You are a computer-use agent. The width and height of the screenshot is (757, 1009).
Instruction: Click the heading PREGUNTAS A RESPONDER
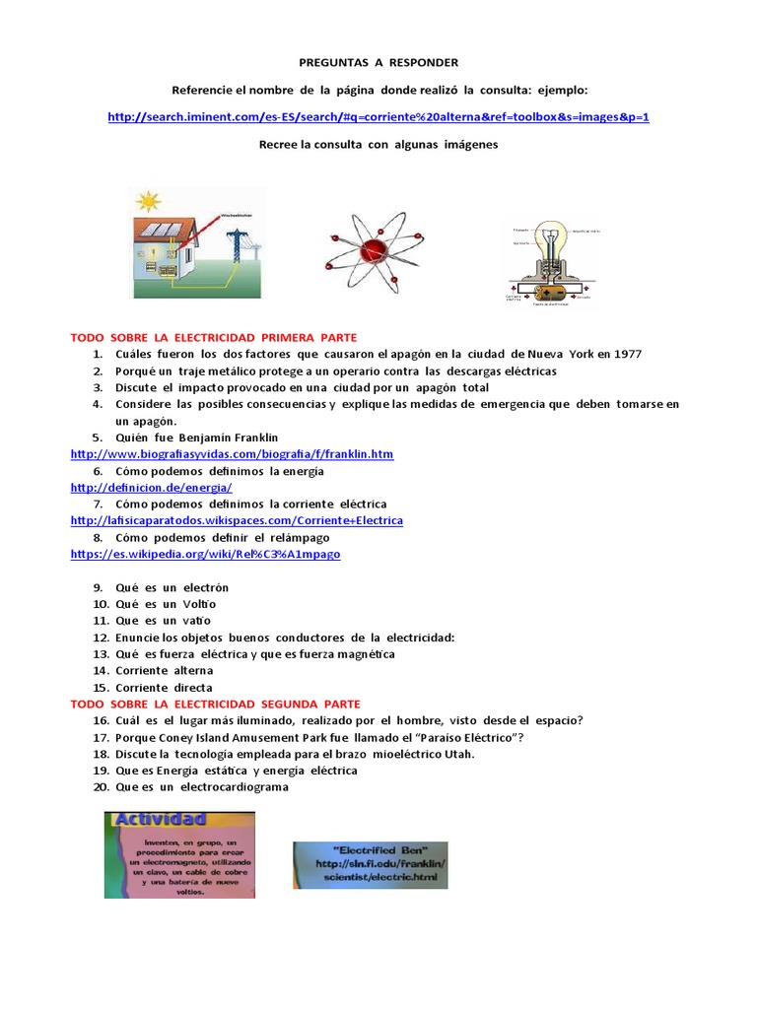click(x=378, y=62)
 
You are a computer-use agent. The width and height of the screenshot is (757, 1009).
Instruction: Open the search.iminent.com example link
click(x=378, y=116)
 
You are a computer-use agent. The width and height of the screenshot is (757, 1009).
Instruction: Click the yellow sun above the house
click(x=149, y=202)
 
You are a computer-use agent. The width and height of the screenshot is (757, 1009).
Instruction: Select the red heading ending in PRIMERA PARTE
click(x=214, y=337)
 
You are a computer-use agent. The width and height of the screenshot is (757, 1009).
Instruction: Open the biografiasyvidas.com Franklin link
click(x=232, y=454)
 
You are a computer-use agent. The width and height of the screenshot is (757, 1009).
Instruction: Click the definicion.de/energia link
click(x=151, y=488)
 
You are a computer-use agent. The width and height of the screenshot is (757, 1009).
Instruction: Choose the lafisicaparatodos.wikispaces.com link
click(x=237, y=520)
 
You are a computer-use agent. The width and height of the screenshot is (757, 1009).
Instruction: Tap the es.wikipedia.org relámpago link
click(x=205, y=555)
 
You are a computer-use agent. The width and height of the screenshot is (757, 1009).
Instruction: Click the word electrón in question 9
click(x=206, y=587)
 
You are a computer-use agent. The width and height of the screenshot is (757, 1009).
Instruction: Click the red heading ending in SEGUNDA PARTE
click(x=216, y=704)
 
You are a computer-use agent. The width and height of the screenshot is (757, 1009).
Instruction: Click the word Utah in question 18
click(x=458, y=754)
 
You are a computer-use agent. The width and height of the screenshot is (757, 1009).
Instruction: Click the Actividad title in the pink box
click(x=160, y=820)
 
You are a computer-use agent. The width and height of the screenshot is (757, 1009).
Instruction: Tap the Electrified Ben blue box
click(x=370, y=864)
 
